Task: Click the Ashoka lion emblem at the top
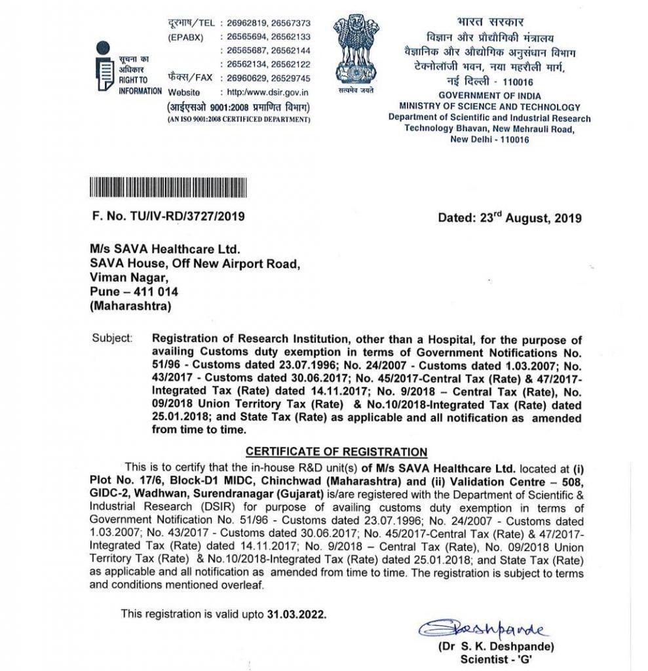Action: [x=356, y=49]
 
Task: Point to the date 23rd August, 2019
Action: [x=509, y=217]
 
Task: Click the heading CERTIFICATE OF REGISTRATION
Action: [x=336, y=452]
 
